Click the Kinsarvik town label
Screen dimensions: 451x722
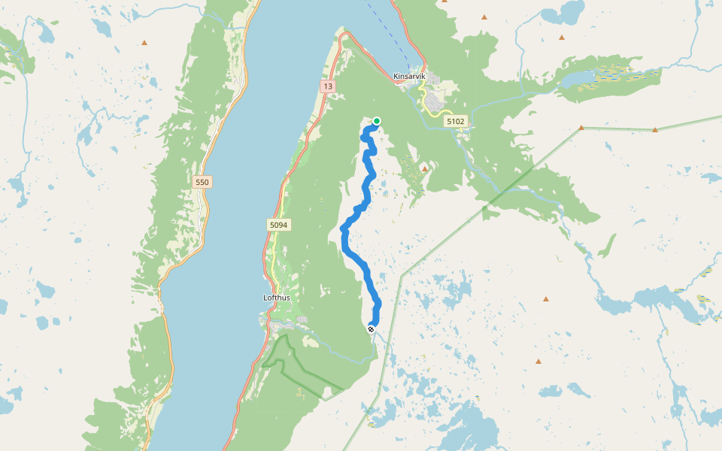coord(410,76)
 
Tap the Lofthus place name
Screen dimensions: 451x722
coord(277,298)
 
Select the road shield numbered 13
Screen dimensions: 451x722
coord(327,86)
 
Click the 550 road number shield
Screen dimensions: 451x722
coord(202,182)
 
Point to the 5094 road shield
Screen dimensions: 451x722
coord(278,225)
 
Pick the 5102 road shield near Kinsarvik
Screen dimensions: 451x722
coord(456,121)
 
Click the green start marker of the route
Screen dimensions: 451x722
coord(377,121)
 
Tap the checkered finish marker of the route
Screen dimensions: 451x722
coord(371,328)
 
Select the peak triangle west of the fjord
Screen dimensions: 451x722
coord(144,43)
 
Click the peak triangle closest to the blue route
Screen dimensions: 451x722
coord(424,169)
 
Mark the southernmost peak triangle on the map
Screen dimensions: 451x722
coord(538,362)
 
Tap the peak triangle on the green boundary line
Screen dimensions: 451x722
coord(655,130)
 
